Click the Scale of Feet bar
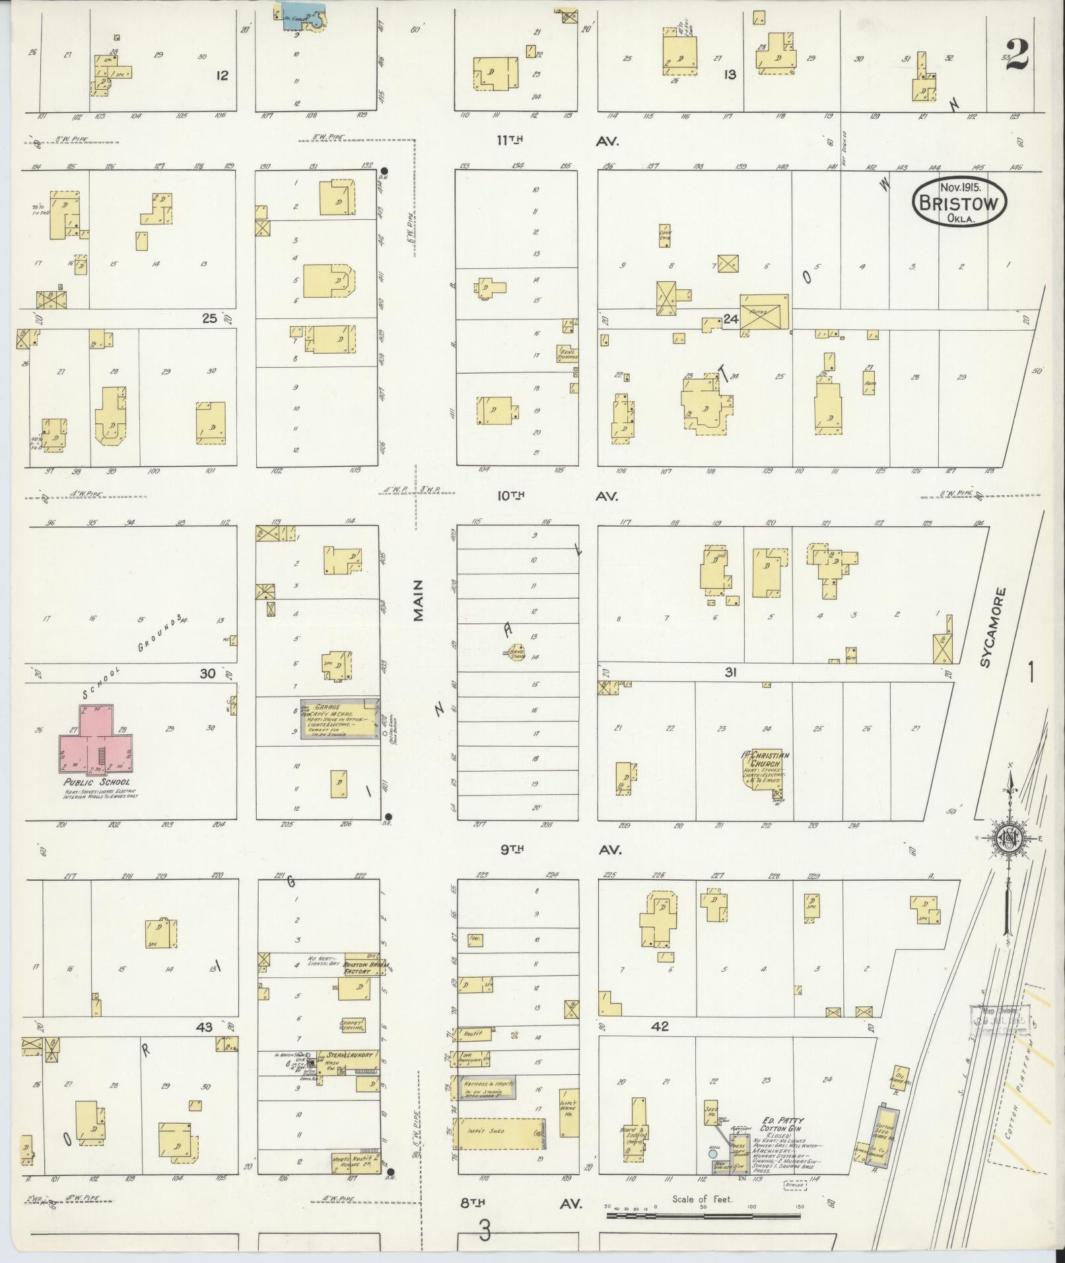703,1214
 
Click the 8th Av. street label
522,1204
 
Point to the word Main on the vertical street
418,601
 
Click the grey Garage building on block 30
339,719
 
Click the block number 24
730,320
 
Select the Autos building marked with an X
764,313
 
